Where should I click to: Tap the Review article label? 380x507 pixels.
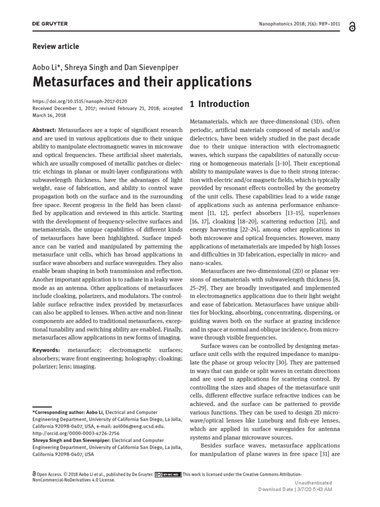[x=55, y=47]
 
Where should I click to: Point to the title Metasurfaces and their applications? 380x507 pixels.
[x=142, y=82]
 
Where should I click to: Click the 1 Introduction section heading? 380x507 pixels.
[x=220, y=104]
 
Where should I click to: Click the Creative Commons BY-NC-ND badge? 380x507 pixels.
[x=168, y=474]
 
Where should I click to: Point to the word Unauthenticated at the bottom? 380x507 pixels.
[x=314, y=483]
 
